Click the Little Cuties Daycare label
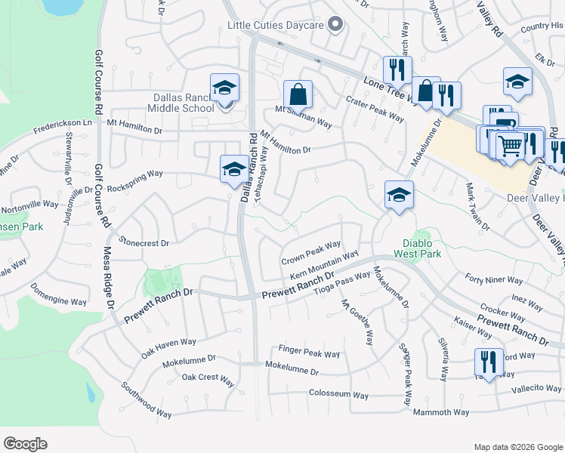tap(276, 26)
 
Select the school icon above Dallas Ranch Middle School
tap(224, 89)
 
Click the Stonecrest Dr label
tap(144, 244)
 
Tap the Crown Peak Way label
tap(311, 253)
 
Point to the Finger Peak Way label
tap(309, 353)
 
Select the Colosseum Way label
tap(338, 395)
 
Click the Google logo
tap(25, 444)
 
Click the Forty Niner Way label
tap(494, 280)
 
